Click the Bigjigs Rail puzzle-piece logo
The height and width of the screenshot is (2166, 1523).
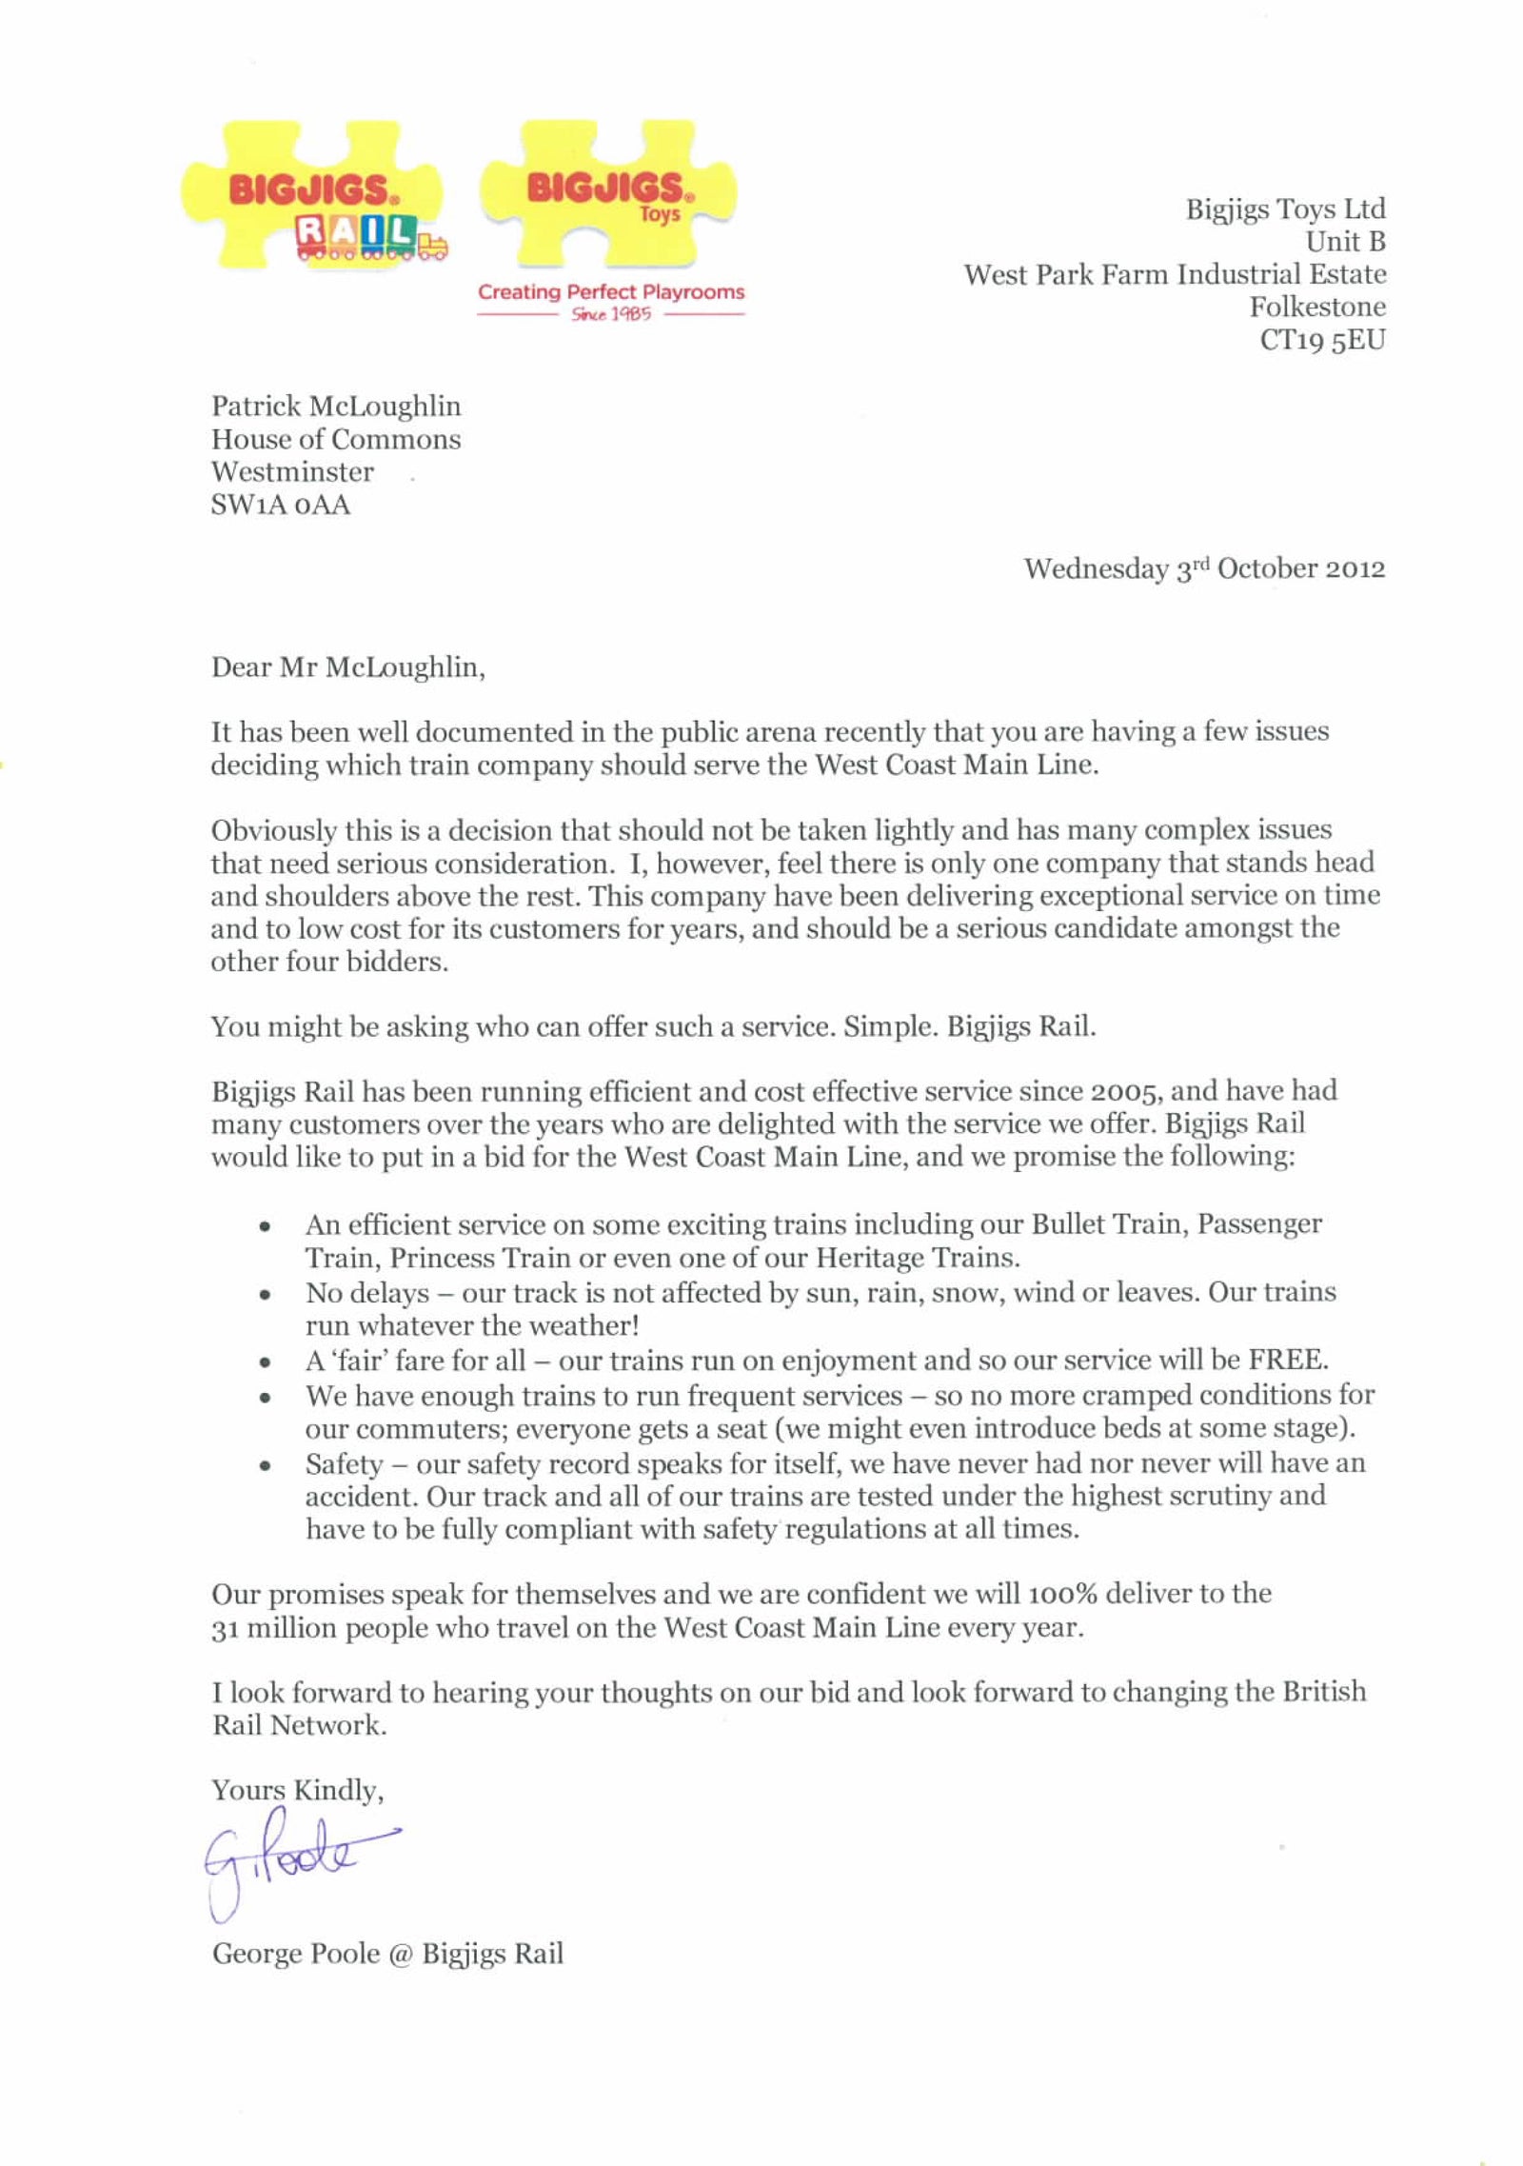click(x=312, y=196)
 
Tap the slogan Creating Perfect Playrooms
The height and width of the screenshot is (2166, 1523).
click(x=611, y=292)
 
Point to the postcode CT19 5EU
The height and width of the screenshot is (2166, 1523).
click(x=1322, y=340)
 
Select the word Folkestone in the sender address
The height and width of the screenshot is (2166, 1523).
click(x=1317, y=307)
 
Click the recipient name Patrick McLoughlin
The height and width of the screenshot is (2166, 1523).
click(x=336, y=407)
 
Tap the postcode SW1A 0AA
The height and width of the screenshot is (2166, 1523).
click(x=281, y=505)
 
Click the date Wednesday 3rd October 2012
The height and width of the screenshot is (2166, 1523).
click(x=1204, y=568)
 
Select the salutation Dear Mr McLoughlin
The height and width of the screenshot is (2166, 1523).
click(x=347, y=667)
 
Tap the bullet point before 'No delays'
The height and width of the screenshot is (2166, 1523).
click(x=266, y=1295)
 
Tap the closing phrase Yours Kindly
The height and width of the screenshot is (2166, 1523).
click(x=297, y=1791)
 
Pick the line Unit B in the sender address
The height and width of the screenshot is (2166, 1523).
click(x=1345, y=241)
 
